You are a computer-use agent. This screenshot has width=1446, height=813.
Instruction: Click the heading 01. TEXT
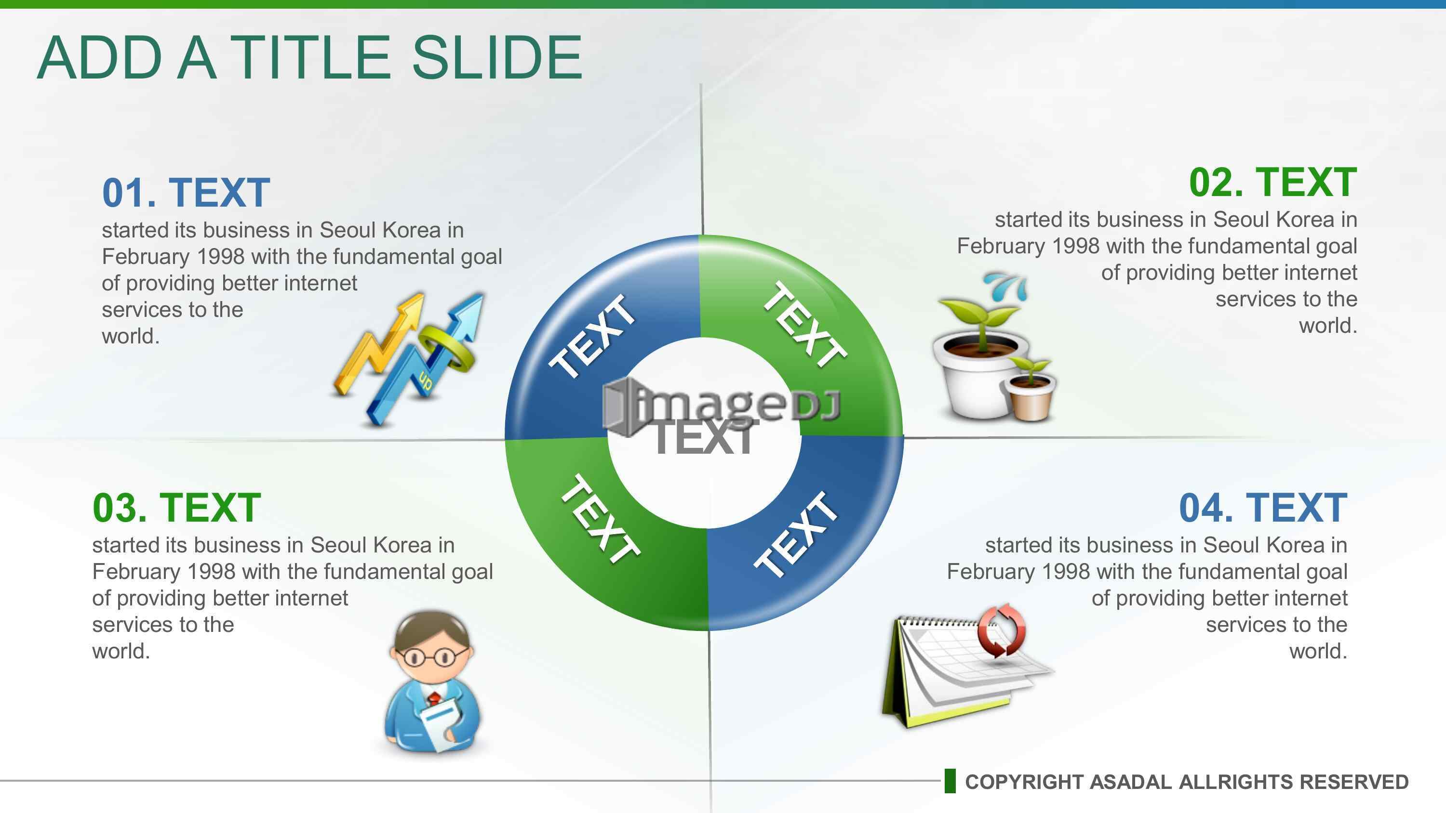pos(186,193)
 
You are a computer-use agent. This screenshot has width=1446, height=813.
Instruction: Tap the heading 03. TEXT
pos(177,508)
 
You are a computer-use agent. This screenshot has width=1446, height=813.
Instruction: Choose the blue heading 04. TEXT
pos(1263,508)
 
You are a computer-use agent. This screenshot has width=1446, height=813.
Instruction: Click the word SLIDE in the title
pos(497,57)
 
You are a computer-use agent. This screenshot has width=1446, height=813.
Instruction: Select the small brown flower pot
pos(1030,397)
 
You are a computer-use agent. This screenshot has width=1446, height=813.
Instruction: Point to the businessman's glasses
pos(431,656)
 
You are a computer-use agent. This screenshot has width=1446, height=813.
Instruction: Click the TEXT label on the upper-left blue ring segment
pos(593,336)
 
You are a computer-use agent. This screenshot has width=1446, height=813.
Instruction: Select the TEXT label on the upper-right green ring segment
pos(805,324)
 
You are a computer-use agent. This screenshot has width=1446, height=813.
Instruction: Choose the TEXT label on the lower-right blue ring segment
pos(796,534)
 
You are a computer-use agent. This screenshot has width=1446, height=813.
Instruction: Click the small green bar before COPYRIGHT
pos(950,781)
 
